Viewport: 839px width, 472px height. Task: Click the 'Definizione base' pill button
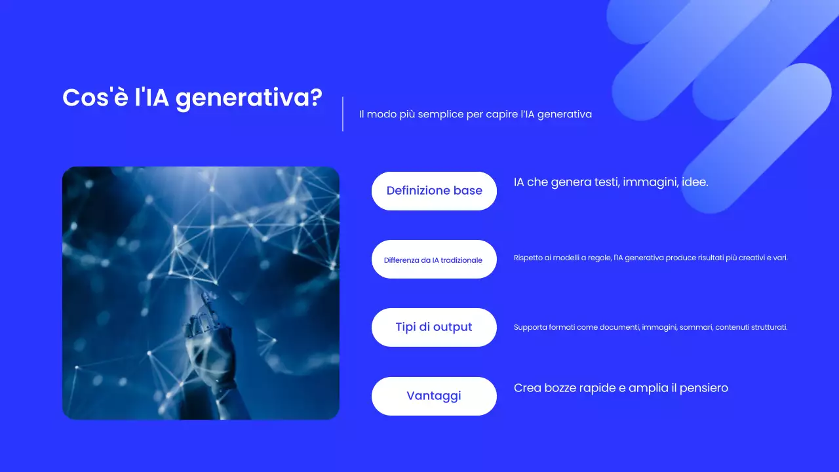click(x=434, y=191)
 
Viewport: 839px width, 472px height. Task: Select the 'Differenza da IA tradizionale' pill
click(x=433, y=260)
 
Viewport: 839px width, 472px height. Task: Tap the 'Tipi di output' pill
click(x=434, y=327)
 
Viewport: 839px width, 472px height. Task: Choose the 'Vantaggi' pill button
click(x=434, y=396)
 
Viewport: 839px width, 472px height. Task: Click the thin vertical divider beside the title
click(x=343, y=114)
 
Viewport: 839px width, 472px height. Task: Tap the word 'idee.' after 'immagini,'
click(x=695, y=182)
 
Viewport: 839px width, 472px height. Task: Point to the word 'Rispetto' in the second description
click(x=528, y=258)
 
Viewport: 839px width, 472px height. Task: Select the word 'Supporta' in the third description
click(x=529, y=327)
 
